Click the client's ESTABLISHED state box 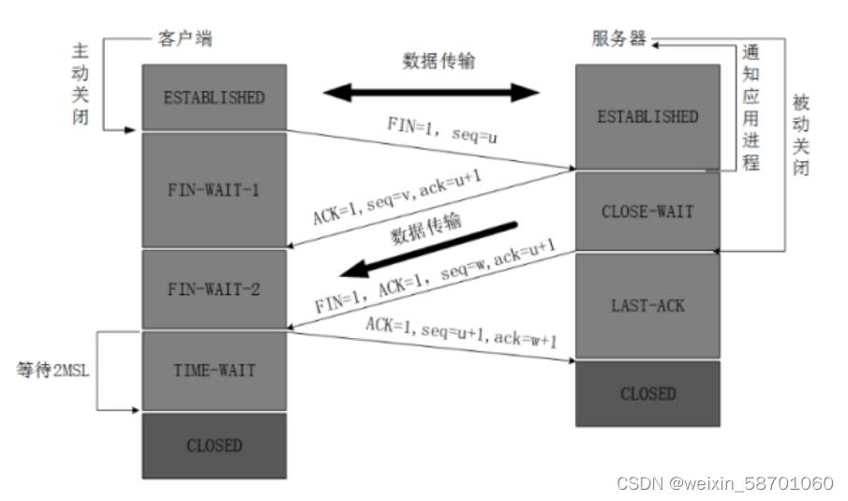215,97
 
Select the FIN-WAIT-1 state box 215,190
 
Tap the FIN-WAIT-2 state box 215,288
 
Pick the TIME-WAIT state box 215,371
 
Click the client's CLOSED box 215,446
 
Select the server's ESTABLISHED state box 647,116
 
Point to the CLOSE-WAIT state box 647,212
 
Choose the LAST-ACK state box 647,306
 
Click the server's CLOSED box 647,394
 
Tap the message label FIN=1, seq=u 442,130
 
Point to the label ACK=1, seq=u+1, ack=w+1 461,332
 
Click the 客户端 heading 185,38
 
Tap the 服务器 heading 618,38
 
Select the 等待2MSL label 52,370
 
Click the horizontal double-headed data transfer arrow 431,93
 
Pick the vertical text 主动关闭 80,83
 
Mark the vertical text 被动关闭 801,135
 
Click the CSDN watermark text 724,482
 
